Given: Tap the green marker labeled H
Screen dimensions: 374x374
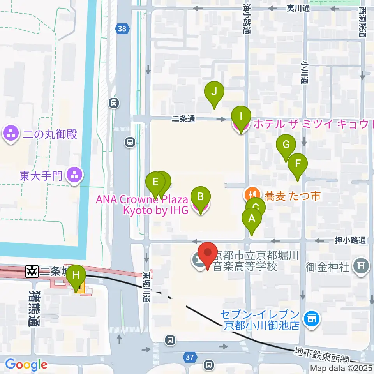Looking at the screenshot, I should click(76, 276).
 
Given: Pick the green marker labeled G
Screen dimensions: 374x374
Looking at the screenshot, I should click(286, 145).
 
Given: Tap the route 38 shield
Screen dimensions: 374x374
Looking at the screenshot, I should click(122, 28).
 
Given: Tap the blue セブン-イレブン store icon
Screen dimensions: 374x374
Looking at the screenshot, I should click(312, 319).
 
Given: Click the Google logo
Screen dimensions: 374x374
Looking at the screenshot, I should click(26, 365).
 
